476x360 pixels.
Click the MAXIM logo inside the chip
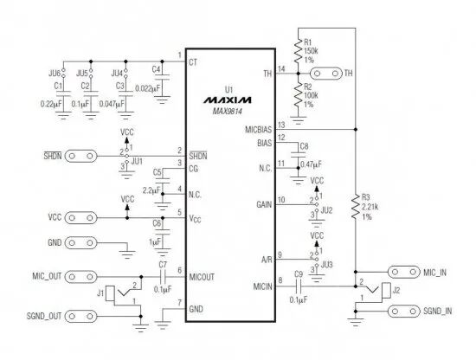click(x=228, y=100)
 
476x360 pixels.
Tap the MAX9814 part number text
click(x=228, y=112)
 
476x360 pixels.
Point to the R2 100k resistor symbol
click(x=298, y=95)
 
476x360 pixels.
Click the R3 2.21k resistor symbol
click(x=356, y=207)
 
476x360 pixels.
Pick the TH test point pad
click(x=326, y=74)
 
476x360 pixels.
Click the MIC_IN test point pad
click(x=404, y=272)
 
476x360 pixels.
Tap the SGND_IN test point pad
click(x=404, y=312)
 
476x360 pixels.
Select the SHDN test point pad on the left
click(x=81, y=157)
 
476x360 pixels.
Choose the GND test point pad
click(x=81, y=243)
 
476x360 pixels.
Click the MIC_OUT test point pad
click(x=81, y=277)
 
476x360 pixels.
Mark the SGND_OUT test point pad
click(x=81, y=316)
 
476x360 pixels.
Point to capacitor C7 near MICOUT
click(x=163, y=277)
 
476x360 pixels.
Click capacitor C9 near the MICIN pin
click(x=299, y=286)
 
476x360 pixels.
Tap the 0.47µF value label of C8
click(x=312, y=164)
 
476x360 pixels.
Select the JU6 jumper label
click(x=55, y=74)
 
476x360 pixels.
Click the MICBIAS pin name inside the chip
click(x=259, y=130)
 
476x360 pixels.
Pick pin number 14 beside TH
click(x=281, y=69)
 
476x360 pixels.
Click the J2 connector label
click(x=396, y=291)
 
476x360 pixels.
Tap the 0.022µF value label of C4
click(x=147, y=88)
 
